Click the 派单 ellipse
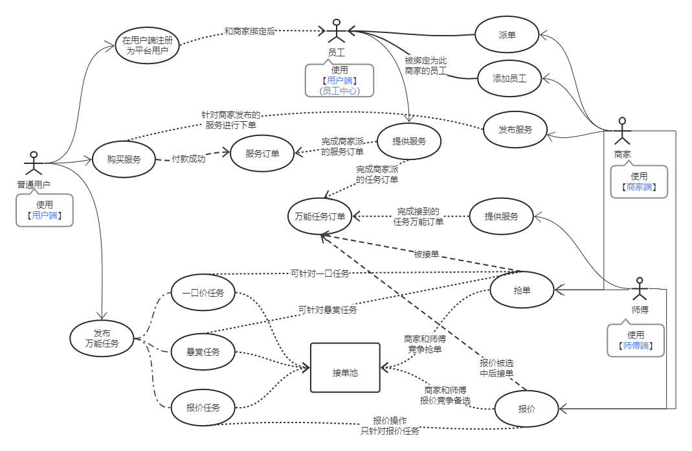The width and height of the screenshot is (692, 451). point(507,35)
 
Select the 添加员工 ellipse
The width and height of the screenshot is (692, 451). point(509,79)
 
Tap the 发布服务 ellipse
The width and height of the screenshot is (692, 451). point(515,130)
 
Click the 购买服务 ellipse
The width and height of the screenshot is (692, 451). point(124,158)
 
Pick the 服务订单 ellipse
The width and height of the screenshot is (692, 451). point(262,154)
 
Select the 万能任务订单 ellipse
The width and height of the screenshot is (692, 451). point(320,216)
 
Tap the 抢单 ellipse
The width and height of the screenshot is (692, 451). point(522,290)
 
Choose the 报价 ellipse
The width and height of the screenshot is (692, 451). point(526,409)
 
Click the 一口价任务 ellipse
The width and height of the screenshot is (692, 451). point(203,293)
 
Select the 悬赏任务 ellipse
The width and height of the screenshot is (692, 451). point(203,352)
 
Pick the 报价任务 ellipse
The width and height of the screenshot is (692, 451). point(203,408)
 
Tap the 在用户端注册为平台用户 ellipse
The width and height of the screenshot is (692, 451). point(148,45)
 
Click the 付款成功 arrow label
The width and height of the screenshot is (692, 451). point(188,158)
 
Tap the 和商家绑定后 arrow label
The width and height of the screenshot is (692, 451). point(250,31)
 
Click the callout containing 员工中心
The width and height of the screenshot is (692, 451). point(339,80)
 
